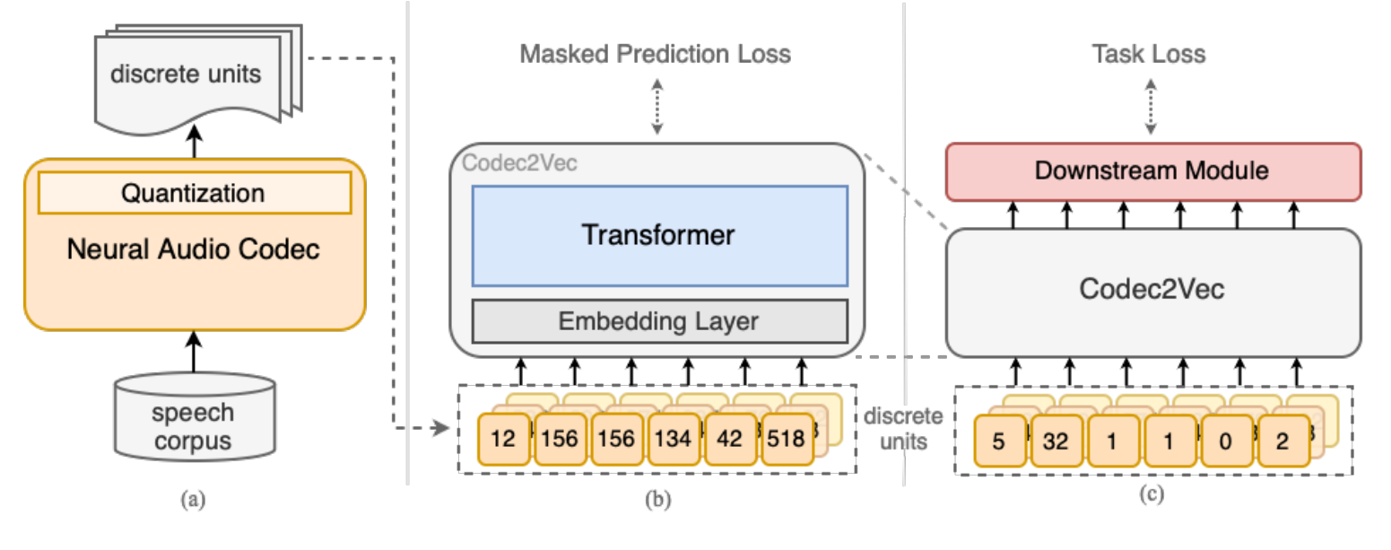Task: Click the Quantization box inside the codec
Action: click(194, 193)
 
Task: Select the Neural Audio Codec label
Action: click(194, 249)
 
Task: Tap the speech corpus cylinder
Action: click(194, 416)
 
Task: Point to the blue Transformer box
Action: click(658, 236)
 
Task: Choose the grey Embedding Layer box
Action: click(658, 320)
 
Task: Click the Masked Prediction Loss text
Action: click(656, 54)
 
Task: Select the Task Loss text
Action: click(1148, 54)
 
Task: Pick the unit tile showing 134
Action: click(675, 439)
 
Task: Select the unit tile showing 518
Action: click(787, 439)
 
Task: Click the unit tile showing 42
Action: click(732, 439)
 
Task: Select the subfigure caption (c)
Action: click(1150, 493)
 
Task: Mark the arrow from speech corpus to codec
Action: click(194, 354)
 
